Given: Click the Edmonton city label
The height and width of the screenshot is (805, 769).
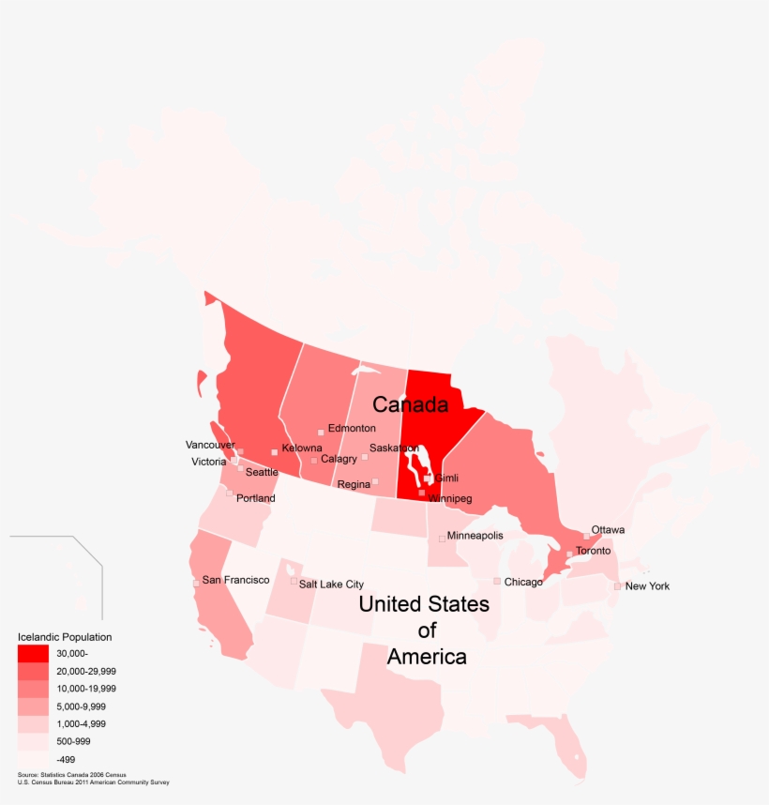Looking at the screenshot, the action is click(x=352, y=429).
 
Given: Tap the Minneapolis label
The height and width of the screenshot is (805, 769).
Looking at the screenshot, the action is click(x=475, y=536).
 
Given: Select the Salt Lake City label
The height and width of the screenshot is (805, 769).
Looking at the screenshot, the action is click(x=331, y=585).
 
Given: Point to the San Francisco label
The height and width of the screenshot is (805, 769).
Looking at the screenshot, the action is click(x=235, y=581).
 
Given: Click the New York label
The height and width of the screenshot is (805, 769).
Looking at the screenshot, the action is click(x=647, y=586).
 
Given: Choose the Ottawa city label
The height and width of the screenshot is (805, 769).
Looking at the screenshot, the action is click(x=608, y=530).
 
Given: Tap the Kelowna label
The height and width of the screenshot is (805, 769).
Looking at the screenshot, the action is click(x=302, y=448).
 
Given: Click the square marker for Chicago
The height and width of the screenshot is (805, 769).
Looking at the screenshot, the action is click(x=497, y=582).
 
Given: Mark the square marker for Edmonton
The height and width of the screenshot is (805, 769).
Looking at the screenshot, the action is click(x=321, y=433).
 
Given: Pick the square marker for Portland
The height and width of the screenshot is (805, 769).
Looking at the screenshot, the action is click(x=229, y=494).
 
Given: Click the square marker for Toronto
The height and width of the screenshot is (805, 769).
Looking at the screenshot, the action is click(x=569, y=554).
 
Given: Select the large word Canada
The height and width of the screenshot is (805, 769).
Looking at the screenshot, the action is click(x=411, y=404).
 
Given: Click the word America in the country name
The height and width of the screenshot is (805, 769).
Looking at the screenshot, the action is click(x=427, y=657).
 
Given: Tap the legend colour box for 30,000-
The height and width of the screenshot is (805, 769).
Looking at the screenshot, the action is click(x=33, y=653).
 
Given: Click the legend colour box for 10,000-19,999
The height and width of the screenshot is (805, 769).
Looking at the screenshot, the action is click(x=33, y=689).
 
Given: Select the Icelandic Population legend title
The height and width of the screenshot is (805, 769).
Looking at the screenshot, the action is click(x=65, y=637).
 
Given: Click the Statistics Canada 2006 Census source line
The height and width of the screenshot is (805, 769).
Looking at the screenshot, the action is click(x=71, y=775).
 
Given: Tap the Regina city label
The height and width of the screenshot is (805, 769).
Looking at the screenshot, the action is click(x=354, y=485).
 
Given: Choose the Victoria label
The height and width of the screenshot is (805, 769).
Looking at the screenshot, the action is click(x=208, y=462).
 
